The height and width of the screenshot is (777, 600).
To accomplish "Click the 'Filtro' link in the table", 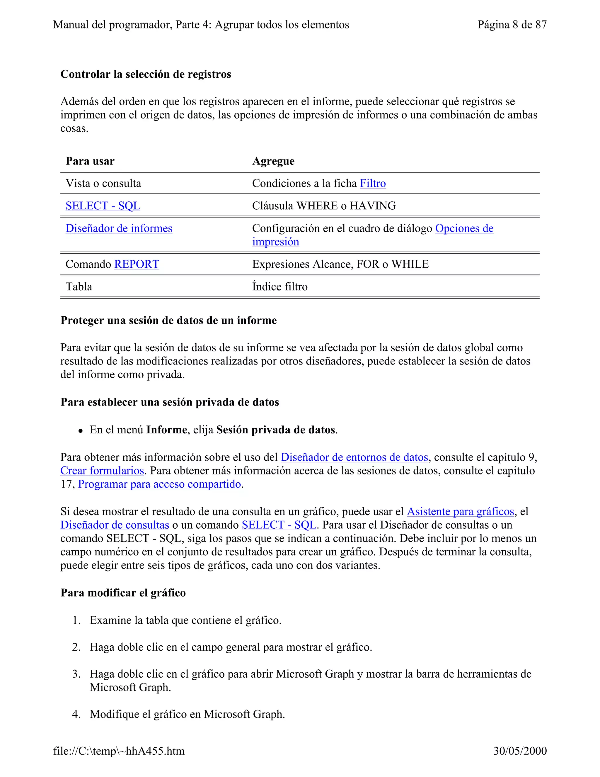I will coord(373,183).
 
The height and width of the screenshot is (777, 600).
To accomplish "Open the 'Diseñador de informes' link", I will coord(119,228).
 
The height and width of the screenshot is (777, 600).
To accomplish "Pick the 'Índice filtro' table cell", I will coord(280,286).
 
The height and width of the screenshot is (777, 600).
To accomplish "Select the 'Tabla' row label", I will coord(79,286).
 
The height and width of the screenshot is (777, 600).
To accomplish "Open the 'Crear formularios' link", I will coord(102,470).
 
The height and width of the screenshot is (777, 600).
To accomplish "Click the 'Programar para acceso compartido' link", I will coord(159,484).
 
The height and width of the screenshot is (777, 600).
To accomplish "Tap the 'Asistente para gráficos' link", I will coord(460,511).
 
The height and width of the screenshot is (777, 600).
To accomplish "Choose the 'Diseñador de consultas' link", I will coord(115,525).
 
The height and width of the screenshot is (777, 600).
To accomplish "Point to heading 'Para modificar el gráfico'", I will coord(123,593).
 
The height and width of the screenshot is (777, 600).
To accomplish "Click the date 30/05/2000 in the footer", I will coord(520,751).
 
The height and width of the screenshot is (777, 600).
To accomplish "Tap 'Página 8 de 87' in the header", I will coord(512,25).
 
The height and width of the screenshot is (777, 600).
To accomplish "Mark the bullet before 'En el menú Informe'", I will coord(81,431).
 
